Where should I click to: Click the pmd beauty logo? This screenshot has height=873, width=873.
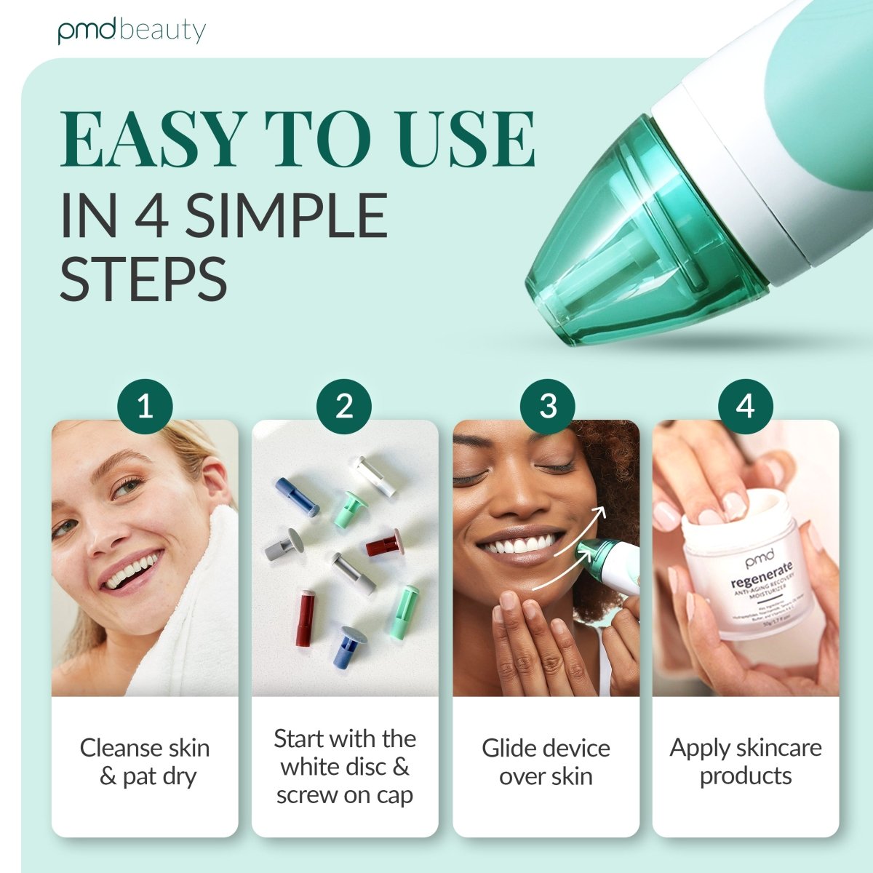[x=132, y=31]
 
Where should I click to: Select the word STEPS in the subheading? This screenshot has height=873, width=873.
[x=143, y=279]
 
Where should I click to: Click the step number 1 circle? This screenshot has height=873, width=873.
[x=145, y=406]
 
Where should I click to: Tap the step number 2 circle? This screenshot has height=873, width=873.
[x=344, y=406]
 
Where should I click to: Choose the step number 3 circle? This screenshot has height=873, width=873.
[x=547, y=406]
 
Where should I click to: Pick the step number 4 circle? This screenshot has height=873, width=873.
[x=745, y=406]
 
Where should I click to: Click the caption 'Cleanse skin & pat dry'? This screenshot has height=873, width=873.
[x=145, y=762]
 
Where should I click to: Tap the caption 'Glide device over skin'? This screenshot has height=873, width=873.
[x=546, y=762]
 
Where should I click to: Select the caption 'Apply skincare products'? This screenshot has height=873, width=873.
[x=746, y=762]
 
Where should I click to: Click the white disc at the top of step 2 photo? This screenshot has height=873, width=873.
[x=375, y=476]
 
